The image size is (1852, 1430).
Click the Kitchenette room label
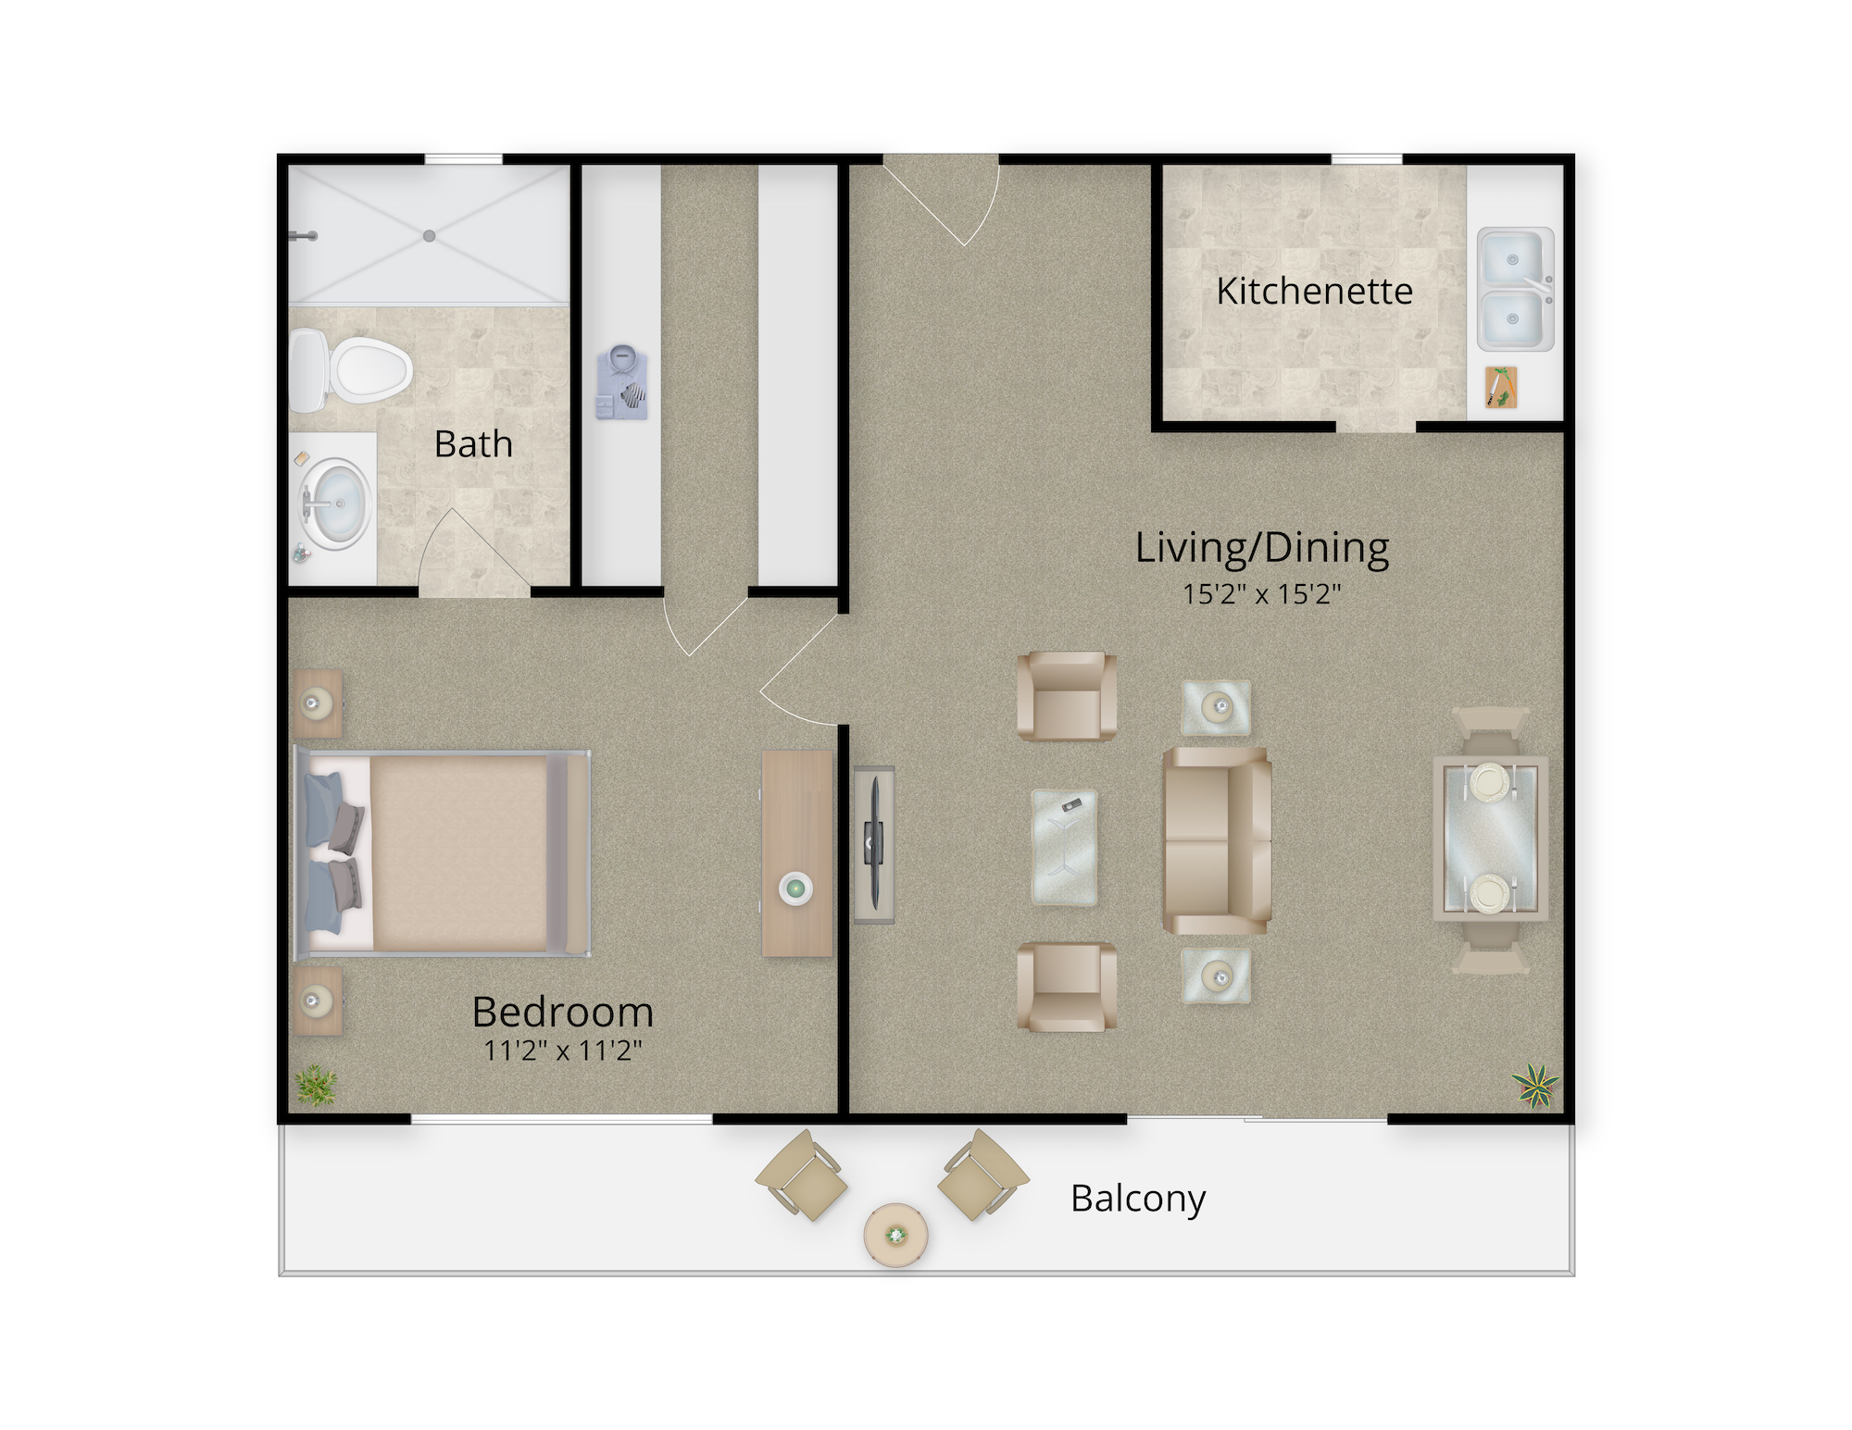pos(1314,291)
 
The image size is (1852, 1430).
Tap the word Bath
pos(473,444)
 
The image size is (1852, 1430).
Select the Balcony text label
pos(1138,1199)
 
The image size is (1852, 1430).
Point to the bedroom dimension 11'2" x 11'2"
pos(563,1050)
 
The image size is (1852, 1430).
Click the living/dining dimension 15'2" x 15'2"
pos(1262,593)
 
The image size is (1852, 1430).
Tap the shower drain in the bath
pos(429,236)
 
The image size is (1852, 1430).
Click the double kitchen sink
pos(1515,289)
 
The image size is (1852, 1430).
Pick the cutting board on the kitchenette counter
pos(1501,387)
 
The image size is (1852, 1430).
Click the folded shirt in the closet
pos(621,381)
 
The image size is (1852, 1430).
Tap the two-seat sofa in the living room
pos(1217,840)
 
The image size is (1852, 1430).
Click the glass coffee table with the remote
pos(1065,846)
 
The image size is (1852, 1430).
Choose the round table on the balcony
pos(895,1235)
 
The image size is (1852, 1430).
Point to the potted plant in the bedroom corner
pos(316,1085)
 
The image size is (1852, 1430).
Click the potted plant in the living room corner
pos(1535,1085)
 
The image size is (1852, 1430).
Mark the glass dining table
pos(1491,839)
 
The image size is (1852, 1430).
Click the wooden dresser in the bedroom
pos(797,852)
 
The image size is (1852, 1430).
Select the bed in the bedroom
pos(442,853)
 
